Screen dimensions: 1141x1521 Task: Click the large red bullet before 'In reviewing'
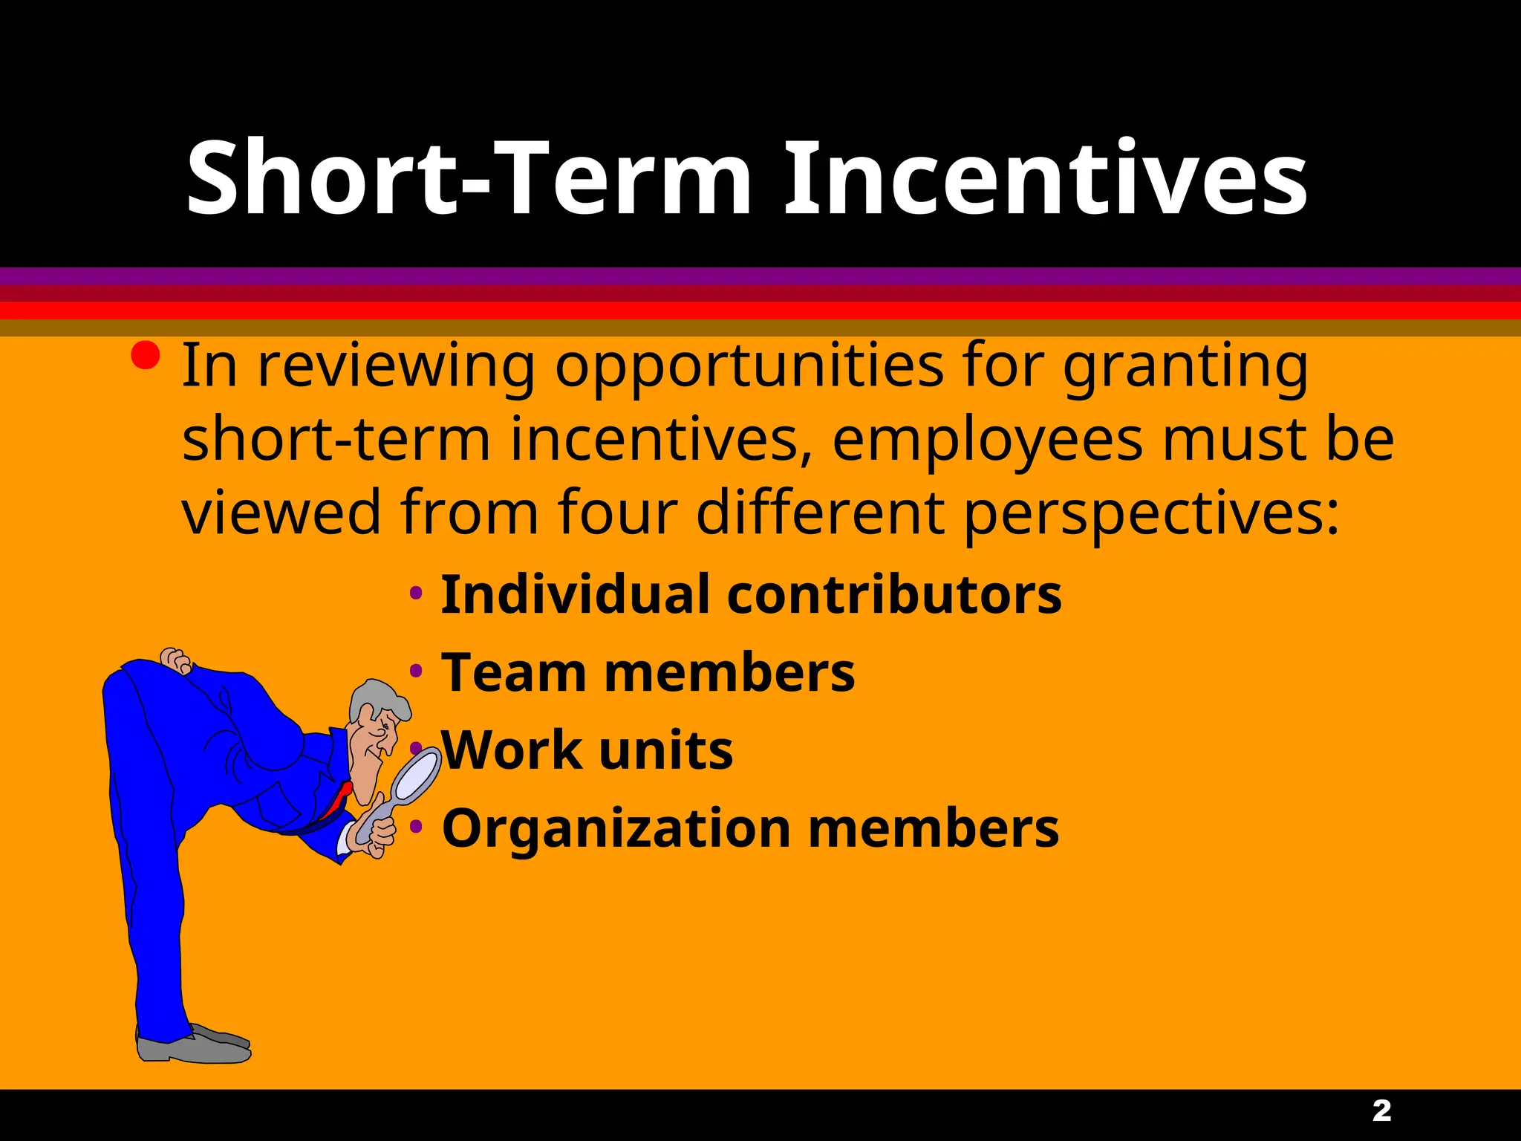coord(145,356)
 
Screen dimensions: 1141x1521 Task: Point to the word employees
coord(987,440)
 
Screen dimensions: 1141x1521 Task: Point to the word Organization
coord(616,829)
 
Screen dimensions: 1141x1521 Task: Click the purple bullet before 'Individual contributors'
coord(416,594)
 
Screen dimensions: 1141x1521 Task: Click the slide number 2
coord(1381,1111)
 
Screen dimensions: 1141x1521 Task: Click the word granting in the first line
coord(1185,366)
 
